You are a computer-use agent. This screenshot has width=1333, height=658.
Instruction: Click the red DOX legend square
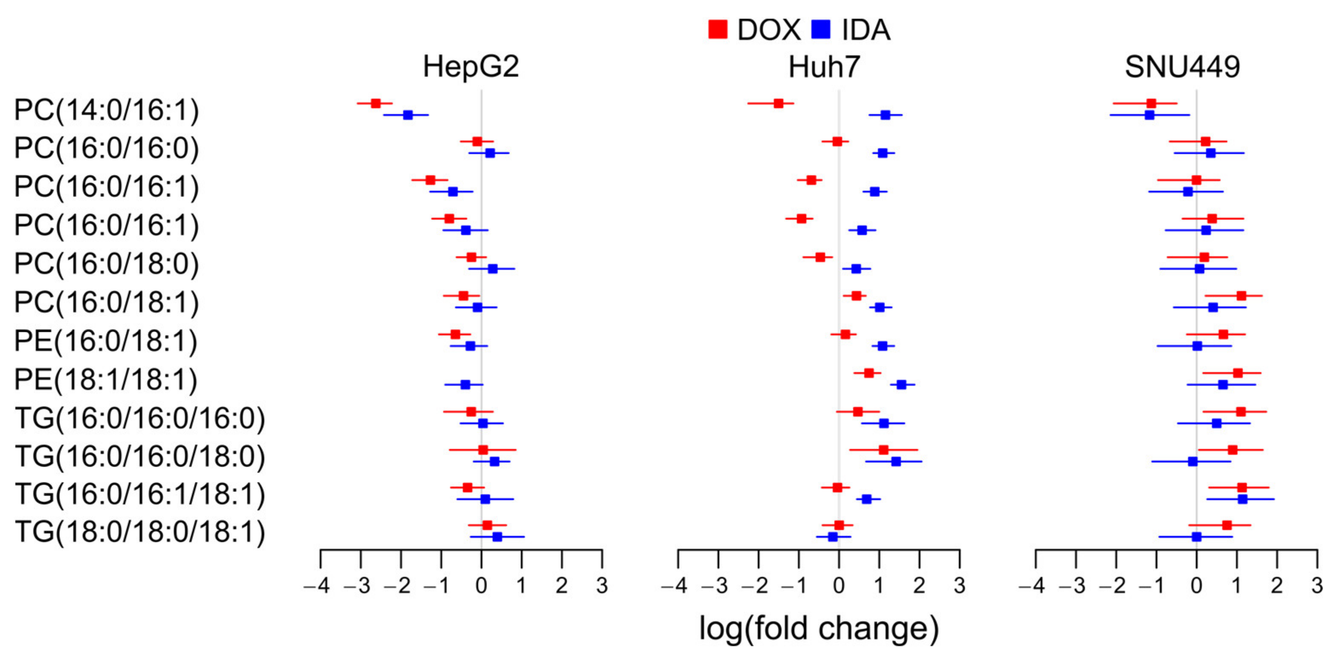pos(718,29)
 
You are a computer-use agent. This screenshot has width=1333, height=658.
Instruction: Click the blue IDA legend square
pos(821,29)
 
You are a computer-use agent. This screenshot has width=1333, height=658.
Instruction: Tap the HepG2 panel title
pos(470,67)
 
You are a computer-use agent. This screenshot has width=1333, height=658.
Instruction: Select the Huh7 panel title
pos(824,67)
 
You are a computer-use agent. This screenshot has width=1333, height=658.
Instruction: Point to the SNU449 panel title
pos(1183,67)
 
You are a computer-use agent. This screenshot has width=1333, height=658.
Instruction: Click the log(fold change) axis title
pos(819,629)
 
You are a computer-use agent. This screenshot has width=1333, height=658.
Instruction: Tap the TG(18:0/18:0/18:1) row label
pos(140,532)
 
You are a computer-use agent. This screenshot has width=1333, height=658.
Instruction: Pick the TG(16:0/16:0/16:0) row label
pos(140,418)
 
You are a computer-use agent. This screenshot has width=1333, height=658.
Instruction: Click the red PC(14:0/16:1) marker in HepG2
pos(376,104)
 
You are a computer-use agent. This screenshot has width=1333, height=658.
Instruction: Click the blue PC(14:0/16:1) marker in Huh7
pos(886,115)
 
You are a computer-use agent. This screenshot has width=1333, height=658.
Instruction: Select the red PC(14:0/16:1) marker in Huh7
pos(778,104)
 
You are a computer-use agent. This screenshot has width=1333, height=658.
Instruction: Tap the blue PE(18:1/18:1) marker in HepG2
pos(465,384)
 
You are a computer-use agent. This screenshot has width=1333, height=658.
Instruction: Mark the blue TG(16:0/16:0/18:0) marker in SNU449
pos(1193,462)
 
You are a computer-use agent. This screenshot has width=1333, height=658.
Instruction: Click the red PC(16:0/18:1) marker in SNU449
pos(1241,296)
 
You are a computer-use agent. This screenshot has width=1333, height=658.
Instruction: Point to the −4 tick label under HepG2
pos(317,586)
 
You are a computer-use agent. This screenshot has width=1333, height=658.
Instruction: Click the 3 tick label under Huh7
pos(960,586)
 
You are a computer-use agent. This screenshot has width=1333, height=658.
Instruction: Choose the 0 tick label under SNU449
pos(1196,586)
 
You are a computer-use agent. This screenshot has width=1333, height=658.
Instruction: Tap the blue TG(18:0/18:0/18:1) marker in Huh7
pos(833,537)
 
